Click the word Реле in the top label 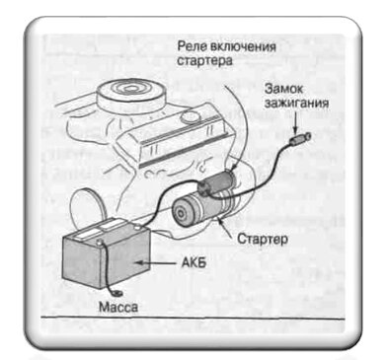click(x=191, y=46)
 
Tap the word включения click(x=243, y=46)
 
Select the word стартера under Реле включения click(x=202, y=60)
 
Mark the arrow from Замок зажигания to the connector click(x=298, y=123)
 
